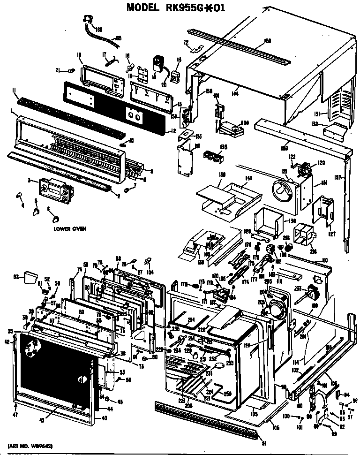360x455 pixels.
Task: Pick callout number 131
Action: tap(317, 114)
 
